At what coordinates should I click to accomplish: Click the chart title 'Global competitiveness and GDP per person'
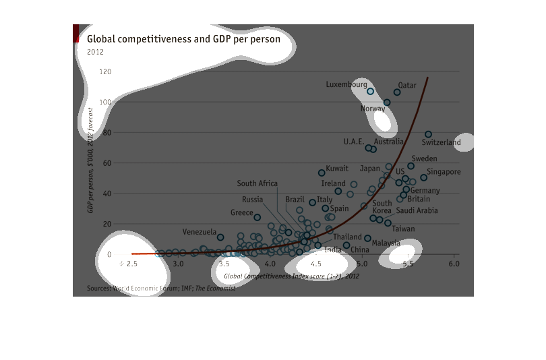[187, 39]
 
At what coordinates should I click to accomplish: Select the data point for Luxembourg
[370, 91]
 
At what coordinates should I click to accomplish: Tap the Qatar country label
[407, 85]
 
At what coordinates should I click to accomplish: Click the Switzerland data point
[428, 134]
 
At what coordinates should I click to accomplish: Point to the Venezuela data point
[220, 237]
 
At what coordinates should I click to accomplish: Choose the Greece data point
[257, 217]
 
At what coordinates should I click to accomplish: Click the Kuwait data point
[322, 173]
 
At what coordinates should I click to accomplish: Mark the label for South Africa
[257, 183]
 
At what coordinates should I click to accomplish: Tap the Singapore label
[444, 172]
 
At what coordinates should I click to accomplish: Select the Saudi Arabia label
[417, 210]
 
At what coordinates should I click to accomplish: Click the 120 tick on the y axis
[104, 71]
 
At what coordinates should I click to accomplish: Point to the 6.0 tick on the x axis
[454, 263]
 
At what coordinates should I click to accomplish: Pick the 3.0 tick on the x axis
[178, 263]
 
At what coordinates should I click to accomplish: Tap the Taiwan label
[404, 229]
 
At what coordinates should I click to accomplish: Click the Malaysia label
[386, 243]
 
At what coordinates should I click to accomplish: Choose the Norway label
[373, 109]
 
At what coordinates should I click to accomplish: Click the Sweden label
[424, 158]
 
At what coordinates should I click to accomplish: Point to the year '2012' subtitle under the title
[96, 52]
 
